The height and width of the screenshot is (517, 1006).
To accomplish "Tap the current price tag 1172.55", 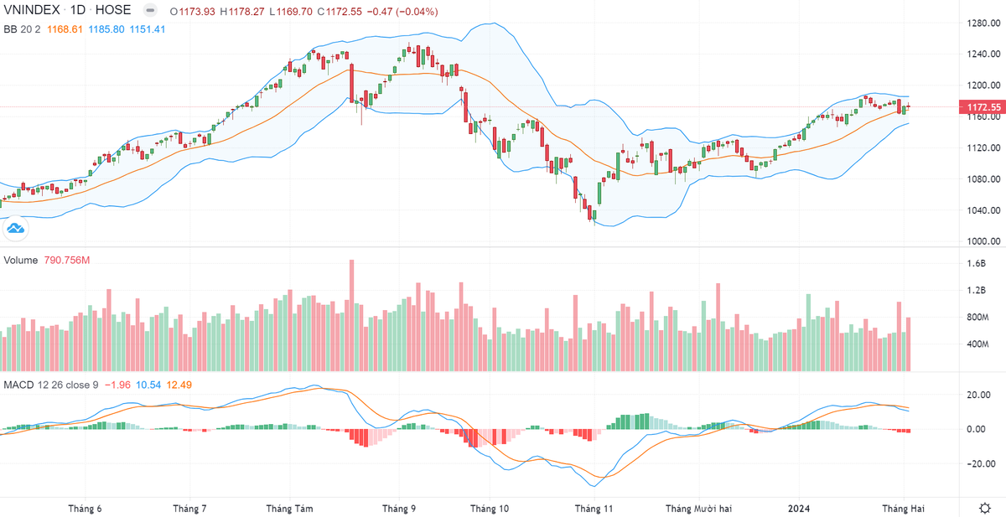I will tap(983, 107).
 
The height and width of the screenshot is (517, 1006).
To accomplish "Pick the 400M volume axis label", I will tap(977, 344).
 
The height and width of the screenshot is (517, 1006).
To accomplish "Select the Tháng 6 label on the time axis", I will tap(85, 509).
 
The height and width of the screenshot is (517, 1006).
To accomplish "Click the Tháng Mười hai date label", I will tap(698, 509).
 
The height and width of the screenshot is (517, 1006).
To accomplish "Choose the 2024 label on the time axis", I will tap(799, 509).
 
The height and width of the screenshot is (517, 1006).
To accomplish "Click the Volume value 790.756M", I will tap(66, 261).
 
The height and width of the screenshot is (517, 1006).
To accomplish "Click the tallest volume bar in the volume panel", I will tap(351, 315).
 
